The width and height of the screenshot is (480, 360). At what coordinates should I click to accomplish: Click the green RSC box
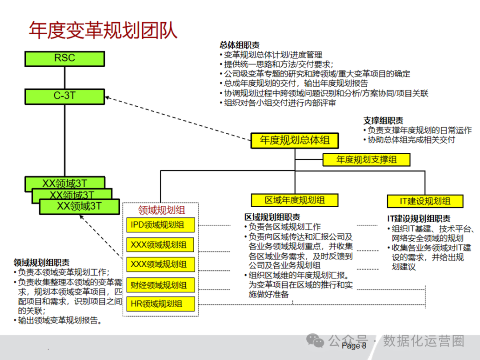(65, 58)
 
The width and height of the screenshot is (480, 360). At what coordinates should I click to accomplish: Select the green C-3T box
(65, 96)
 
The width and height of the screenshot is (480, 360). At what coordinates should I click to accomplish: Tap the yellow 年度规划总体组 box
(295, 140)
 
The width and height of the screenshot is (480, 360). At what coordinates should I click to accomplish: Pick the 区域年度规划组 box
(295, 200)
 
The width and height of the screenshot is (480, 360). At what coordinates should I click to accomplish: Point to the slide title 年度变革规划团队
(103, 30)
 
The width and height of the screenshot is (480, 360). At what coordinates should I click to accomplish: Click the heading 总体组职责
(240, 45)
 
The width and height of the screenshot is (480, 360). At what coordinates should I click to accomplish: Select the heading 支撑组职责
(383, 120)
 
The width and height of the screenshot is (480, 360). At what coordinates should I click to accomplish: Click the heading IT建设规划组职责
(418, 219)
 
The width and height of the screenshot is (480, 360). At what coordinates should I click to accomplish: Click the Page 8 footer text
(354, 346)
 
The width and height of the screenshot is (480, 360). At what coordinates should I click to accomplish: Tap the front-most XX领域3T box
(80, 206)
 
